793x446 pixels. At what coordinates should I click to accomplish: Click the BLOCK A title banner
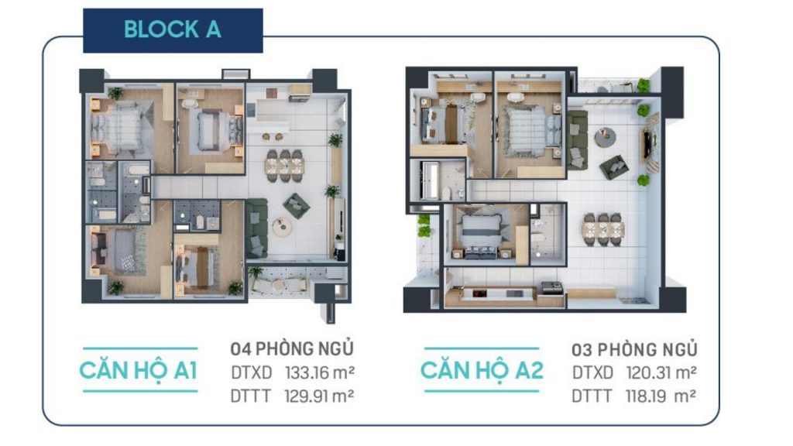(x=173, y=30)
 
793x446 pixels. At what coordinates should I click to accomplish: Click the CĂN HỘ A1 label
(x=139, y=371)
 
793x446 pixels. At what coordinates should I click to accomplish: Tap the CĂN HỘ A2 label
(x=482, y=371)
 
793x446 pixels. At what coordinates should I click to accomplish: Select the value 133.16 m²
(x=320, y=372)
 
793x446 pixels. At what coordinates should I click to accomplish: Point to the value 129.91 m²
(x=319, y=396)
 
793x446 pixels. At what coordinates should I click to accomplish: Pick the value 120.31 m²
(x=661, y=372)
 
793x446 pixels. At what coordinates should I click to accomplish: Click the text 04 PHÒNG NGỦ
(x=292, y=348)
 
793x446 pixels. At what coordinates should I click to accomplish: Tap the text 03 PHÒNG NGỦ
(x=635, y=349)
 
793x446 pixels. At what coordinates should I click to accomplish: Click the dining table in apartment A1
(x=284, y=166)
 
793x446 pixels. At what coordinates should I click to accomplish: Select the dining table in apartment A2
(x=602, y=230)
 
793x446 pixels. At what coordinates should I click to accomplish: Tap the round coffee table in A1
(x=282, y=227)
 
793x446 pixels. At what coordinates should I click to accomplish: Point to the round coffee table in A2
(x=605, y=137)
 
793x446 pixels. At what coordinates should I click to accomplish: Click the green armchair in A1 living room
(x=297, y=206)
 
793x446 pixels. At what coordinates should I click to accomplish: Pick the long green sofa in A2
(x=577, y=139)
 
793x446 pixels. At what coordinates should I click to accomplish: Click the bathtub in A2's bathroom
(x=430, y=180)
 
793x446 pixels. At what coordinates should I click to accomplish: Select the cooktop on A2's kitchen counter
(x=479, y=293)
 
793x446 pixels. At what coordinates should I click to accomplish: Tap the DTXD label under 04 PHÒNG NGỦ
(x=252, y=372)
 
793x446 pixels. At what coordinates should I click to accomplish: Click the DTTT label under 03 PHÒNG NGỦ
(x=592, y=396)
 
